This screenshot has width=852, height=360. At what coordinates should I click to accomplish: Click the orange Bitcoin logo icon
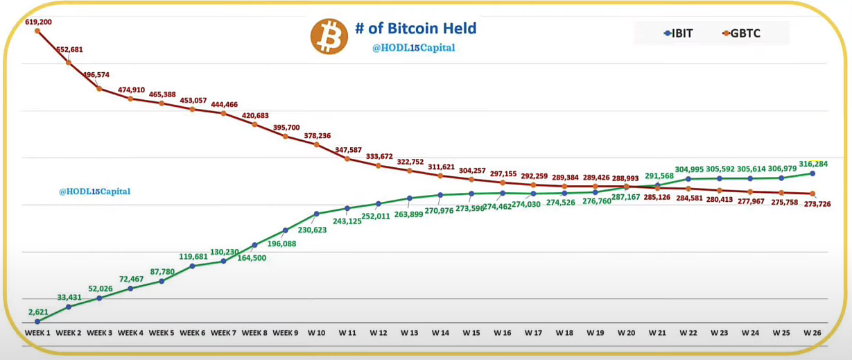point(329,36)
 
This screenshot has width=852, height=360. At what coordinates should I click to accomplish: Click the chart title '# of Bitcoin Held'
point(415,28)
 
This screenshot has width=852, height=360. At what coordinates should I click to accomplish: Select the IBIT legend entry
point(678,33)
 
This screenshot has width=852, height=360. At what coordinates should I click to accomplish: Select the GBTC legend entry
point(741,33)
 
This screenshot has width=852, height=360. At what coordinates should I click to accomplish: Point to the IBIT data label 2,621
point(38,311)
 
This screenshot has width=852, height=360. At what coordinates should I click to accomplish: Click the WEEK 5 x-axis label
point(162,333)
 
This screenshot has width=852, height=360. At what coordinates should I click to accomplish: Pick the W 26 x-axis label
point(812,333)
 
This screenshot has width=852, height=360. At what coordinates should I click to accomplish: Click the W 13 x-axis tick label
point(409,333)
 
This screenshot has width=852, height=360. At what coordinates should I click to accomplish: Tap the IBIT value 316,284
point(813,164)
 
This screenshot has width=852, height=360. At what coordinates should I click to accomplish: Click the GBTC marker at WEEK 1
point(37,31)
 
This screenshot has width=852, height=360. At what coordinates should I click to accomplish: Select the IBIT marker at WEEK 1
point(37,321)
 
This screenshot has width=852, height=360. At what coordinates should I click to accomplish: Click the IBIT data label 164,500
point(252,258)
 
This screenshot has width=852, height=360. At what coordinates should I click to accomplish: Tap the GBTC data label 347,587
point(347,149)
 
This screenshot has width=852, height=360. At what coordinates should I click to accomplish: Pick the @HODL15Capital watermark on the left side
point(94,191)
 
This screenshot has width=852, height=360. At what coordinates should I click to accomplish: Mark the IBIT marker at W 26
point(812,173)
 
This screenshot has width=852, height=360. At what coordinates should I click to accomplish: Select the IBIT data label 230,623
point(316,230)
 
